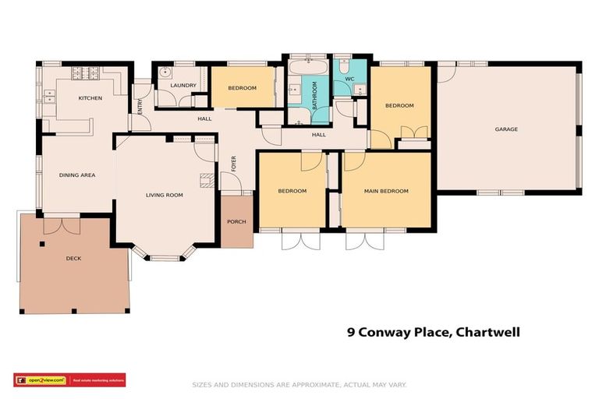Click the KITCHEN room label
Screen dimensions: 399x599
pyautogui.click(x=90, y=98)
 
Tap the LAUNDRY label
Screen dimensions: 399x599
pyautogui.click(x=183, y=86)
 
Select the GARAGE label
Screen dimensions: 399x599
pyautogui.click(x=506, y=129)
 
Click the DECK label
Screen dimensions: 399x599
pyautogui.click(x=74, y=258)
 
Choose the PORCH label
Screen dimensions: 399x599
pyautogui.click(x=236, y=222)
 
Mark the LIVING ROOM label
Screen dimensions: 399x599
pyautogui.click(x=165, y=195)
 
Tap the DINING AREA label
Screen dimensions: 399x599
pyautogui.click(x=77, y=175)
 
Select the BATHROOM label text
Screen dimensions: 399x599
pyautogui.click(x=315, y=95)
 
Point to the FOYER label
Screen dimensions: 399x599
pyautogui.click(x=233, y=164)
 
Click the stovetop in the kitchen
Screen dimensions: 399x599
pyautogui.click(x=83, y=74)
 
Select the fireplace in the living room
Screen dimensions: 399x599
pyautogui.click(x=206, y=182)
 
